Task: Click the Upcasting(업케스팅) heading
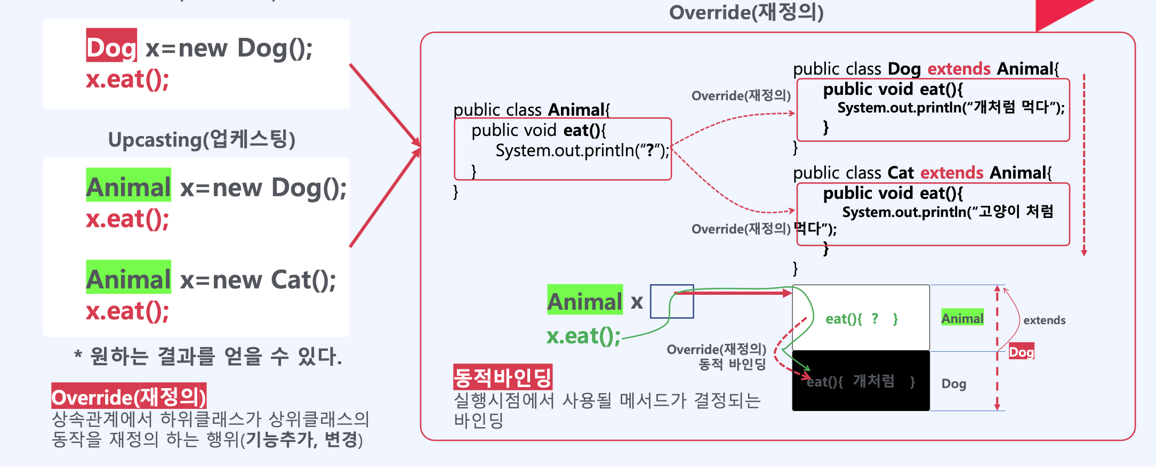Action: [x=202, y=140]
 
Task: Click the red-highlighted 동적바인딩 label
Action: [x=502, y=377]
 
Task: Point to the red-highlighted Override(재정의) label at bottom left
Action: [x=129, y=396]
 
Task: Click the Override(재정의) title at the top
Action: [x=746, y=12]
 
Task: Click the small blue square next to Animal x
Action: [x=672, y=301]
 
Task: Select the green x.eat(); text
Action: [x=583, y=336]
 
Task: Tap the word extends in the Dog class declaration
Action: [x=959, y=69]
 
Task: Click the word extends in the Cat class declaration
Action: [x=951, y=173]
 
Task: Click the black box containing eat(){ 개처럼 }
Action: [x=861, y=381]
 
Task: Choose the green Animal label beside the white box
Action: [x=962, y=318]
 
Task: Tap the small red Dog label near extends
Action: [x=1021, y=352]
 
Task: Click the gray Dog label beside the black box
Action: [x=953, y=384]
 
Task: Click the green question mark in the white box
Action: [x=874, y=318]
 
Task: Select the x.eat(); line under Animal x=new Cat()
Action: [x=127, y=311]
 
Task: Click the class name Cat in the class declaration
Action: [x=901, y=173]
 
